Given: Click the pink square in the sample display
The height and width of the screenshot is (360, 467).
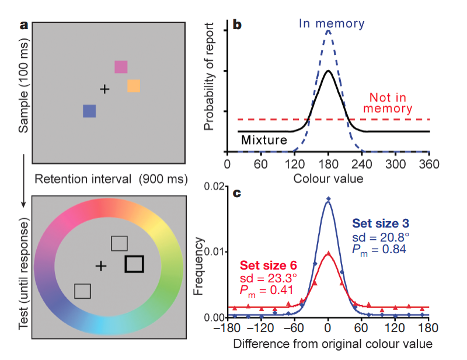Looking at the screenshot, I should pyautogui.click(x=121, y=67).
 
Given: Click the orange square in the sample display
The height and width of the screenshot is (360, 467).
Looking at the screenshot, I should pyautogui.click(x=134, y=86).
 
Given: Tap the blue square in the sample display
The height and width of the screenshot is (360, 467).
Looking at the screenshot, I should pyautogui.click(x=89, y=111).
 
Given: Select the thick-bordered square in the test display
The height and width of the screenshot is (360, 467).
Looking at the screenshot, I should pyautogui.click(x=134, y=264).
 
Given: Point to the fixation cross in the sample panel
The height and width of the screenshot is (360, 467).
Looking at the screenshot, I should pyautogui.click(x=104, y=89).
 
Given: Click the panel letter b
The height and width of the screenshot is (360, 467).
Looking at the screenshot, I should pyautogui.click(x=237, y=25).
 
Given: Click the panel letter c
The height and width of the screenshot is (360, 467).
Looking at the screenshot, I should pyautogui.click(x=237, y=191).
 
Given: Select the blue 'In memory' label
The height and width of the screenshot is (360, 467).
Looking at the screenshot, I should pyautogui.click(x=331, y=24).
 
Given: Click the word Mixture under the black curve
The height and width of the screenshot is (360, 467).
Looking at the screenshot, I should pyautogui.click(x=263, y=140).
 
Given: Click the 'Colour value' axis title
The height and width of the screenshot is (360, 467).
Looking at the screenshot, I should pyautogui.click(x=328, y=178).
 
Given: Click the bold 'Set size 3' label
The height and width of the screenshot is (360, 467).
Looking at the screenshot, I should pyautogui.click(x=381, y=223).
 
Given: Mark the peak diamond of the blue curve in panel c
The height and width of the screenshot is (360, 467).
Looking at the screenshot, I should pyautogui.click(x=328, y=199).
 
